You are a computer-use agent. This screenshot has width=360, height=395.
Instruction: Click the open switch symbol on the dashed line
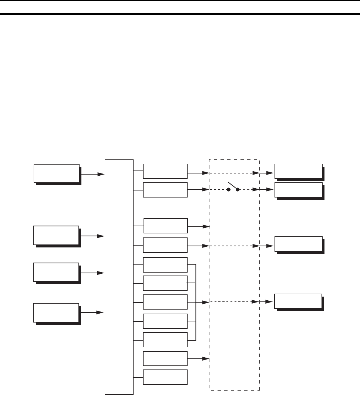click(x=233, y=187)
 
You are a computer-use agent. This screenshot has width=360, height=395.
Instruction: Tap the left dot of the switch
click(x=229, y=190)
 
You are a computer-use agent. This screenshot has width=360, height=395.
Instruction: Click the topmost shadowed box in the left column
click(x=57, y=173)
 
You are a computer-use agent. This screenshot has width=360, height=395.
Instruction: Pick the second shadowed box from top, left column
click(x=56, y=235)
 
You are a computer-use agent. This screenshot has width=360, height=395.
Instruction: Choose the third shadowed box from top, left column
click(x=56, y=272)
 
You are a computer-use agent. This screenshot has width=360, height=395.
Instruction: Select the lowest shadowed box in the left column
click(x=56, y=313)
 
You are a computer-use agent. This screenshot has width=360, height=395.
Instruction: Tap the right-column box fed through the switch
click(x=298, y=190)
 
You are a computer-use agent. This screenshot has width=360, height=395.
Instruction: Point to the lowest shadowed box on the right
click(x=298, y=301)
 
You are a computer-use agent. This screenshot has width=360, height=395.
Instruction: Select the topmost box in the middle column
click(x=165, y=171)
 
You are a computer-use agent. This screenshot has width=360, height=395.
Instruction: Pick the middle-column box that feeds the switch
click(x=165, y=189)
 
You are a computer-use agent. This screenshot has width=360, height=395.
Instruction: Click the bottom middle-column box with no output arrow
click(x=165, y=377)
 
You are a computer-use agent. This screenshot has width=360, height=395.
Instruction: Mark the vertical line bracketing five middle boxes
click(x=195, y=302)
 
